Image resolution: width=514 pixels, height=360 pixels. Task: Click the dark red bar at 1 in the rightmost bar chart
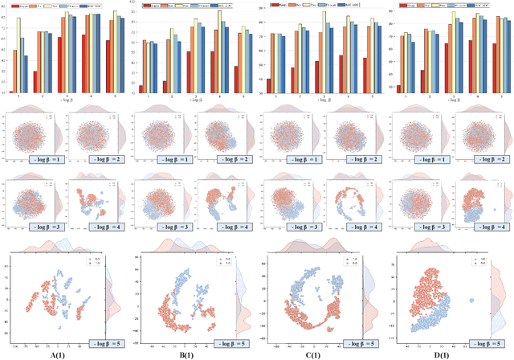pos(398,87)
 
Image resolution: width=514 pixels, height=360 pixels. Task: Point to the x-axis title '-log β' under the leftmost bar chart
pos(64,100)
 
